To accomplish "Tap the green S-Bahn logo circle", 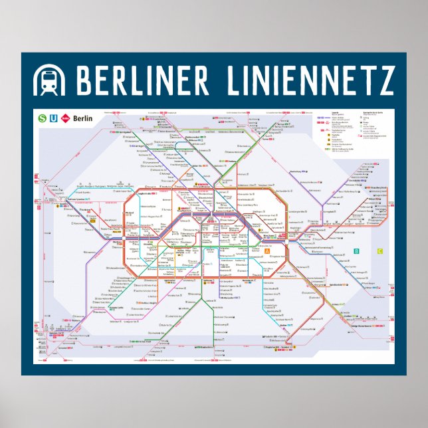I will pos(43,118).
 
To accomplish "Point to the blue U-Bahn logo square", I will pos(54,118).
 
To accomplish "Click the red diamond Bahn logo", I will pos(65,118).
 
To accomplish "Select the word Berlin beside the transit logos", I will pos(82,118).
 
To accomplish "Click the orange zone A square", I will pos(267,251).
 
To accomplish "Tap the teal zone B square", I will pos(357,251).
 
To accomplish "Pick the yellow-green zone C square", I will pos(379,251).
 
